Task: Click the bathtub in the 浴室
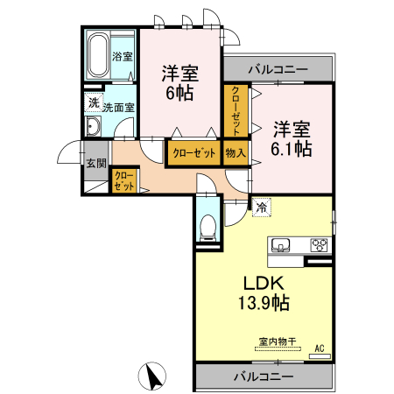97,54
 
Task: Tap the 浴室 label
123,57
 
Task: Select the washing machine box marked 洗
93,103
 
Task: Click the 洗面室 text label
118,108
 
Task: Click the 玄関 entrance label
95,163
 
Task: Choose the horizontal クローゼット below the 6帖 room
193,153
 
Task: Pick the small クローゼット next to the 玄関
123,182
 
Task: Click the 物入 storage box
236,153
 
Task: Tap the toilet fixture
208,226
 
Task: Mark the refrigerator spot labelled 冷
260,208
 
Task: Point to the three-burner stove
320,244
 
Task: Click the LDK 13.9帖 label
258,293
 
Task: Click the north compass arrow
154,377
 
